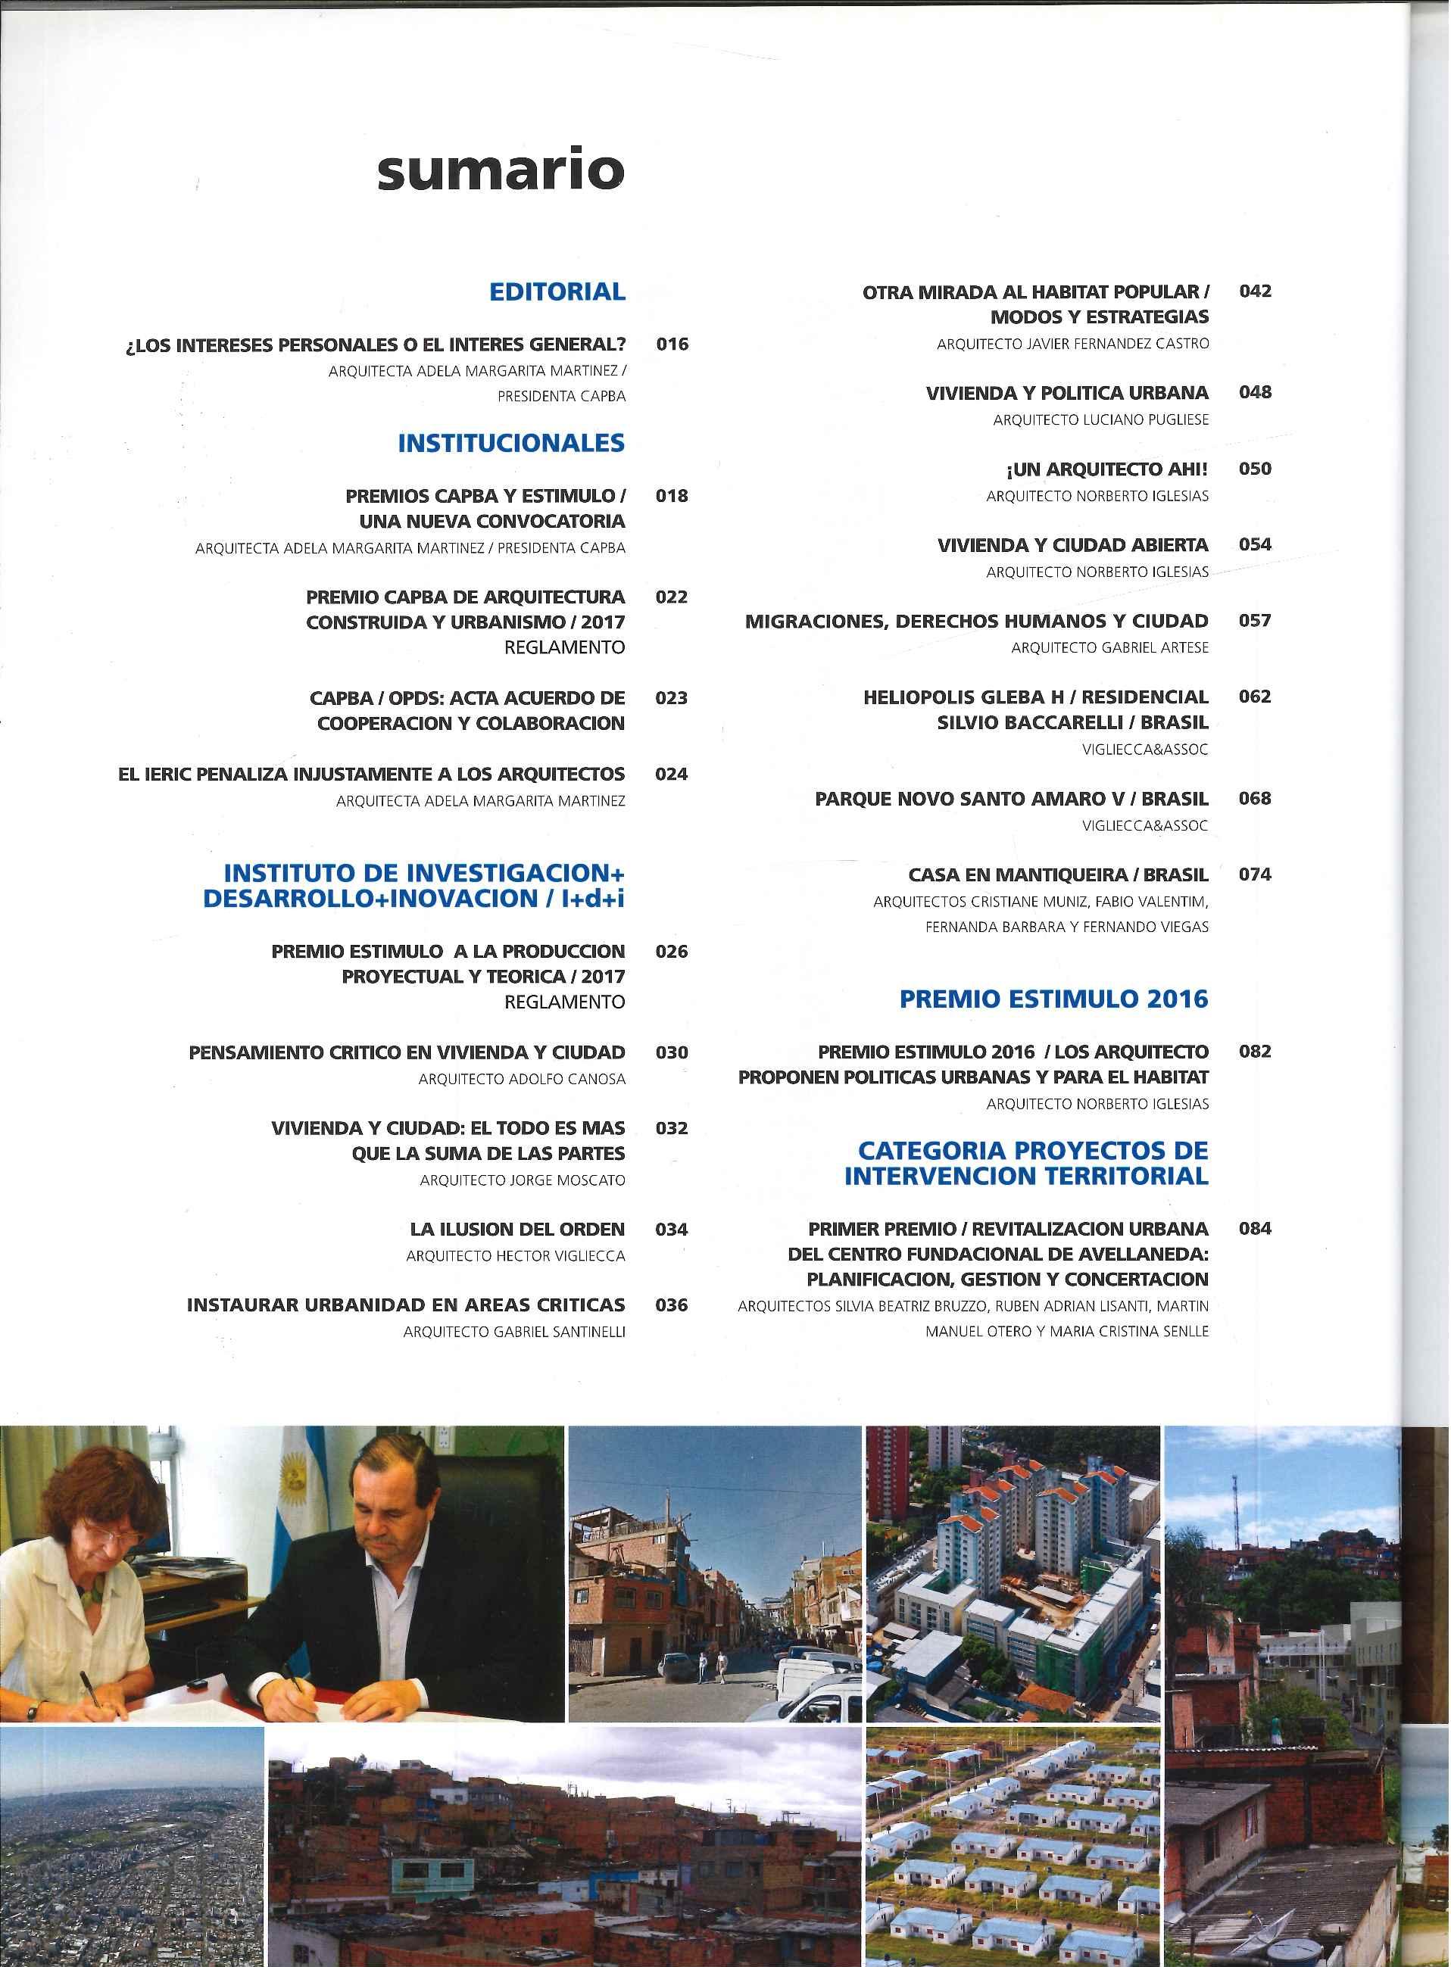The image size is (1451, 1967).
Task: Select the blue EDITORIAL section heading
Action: pos(557,292)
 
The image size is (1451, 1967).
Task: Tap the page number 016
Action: pos(672,344)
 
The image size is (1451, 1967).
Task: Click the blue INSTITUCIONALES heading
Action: pos(511,444)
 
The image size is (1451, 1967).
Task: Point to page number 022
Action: pos(672,597)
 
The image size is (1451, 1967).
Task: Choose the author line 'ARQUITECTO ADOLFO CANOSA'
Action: pos(522,1079)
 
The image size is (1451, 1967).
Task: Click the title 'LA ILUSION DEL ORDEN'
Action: pos(517,1230)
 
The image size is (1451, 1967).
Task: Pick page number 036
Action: pos(672,1305)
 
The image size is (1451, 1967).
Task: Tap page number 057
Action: pos(1254,621)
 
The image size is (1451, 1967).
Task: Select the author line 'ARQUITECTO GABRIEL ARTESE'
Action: pos(1109,648)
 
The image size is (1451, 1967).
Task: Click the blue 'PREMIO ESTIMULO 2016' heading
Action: pos(1054,999)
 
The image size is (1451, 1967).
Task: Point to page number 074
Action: pos(1254,874)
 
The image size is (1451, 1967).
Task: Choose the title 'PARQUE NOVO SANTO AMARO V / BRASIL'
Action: pos(1011,799)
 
